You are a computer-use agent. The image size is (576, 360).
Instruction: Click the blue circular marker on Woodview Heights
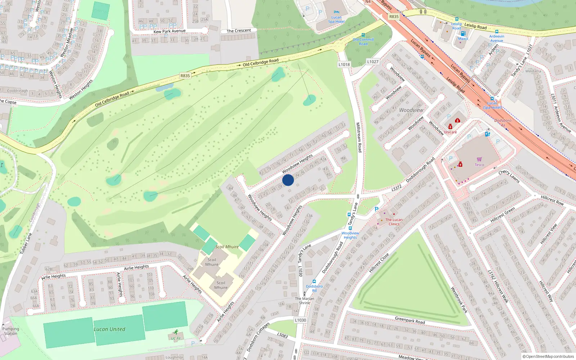click(x=288, y=180)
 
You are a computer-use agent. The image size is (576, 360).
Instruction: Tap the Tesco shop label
click(x=479, y=165)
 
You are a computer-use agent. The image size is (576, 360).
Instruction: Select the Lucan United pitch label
click(x=109, y=329)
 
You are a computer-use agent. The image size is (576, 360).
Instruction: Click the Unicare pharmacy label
click(x=450, y=132)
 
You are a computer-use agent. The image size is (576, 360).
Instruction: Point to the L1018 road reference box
click(x=344, y=64)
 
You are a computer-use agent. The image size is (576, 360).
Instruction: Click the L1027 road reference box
click(x=373, y=62)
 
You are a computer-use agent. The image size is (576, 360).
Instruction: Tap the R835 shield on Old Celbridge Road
click(x=185, y=76)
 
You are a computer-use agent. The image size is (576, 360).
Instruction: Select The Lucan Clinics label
click(x=394, y=222)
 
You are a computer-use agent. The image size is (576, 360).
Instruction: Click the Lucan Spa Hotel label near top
click(x=336, y=19)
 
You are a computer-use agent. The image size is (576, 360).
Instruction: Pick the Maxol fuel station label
click(x=463, y=39)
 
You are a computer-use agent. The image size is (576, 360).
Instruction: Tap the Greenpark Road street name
click(x=410, y=320)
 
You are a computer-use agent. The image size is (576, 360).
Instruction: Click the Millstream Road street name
click(x=359, y=137)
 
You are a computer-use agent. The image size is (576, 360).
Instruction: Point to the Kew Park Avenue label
click(x=170, y=31)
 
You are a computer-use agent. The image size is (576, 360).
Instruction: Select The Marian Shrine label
click(x=305, y=301)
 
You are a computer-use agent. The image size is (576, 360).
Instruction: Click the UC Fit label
click(x=176, y=338)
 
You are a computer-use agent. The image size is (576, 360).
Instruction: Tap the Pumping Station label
click(x=10, y=331)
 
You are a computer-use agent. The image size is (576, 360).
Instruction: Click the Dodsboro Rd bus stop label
click(x=314, y=288)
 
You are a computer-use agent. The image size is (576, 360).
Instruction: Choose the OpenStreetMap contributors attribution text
click(x=548, y=356)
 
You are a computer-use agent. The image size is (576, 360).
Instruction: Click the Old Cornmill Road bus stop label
click(x=363, y=42)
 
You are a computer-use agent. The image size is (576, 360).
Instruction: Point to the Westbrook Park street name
click(x=459, y=300)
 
